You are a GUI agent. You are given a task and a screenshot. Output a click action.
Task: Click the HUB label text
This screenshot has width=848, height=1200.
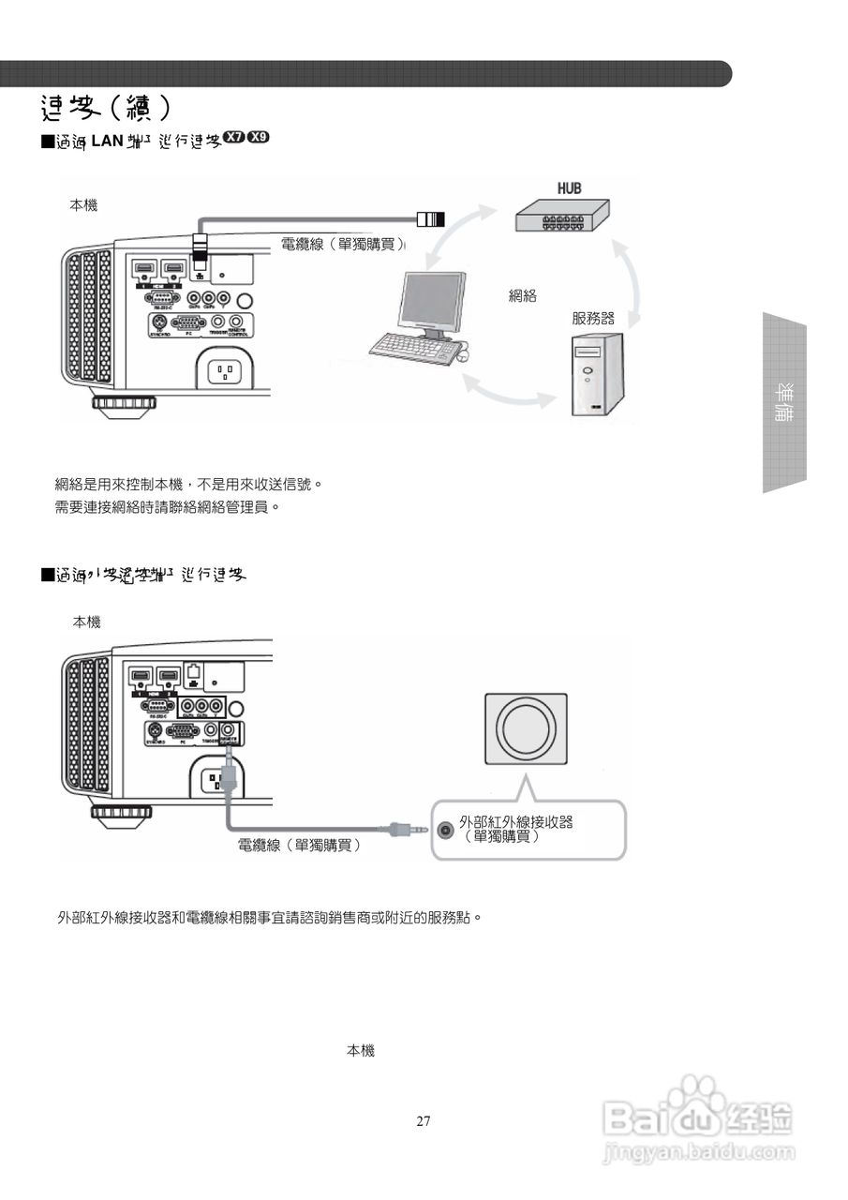(x=569, y=188)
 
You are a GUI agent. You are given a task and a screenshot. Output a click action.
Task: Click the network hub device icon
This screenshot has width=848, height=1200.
(x=560, y=218)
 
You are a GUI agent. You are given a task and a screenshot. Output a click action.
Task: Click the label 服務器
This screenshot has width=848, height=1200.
(x=593, y=318)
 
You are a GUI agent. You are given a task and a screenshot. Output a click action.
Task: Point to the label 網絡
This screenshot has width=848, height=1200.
(x=522, y=296)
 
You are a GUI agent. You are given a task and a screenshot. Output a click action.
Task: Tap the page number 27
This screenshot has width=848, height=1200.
(x=424, y=1120)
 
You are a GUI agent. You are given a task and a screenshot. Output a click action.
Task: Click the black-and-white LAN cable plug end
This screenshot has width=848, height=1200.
(x=431, y=220)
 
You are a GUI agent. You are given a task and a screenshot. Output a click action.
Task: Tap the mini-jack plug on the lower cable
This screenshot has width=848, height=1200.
(x=403, y=829)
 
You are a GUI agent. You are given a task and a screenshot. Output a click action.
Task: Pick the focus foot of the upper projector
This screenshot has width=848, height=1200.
(x=124, y=404)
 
